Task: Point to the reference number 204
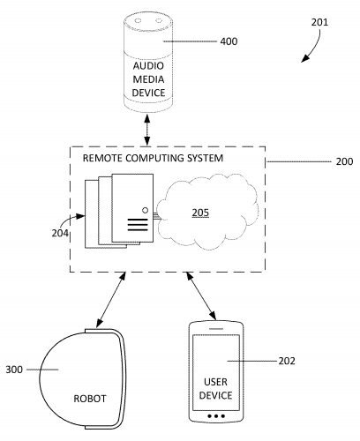61,234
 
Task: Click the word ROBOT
88,399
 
